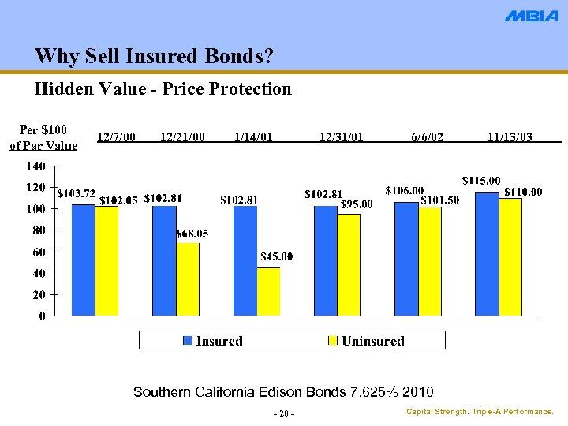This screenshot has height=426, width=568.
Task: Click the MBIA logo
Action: pyautogui.click(x=531, y=16)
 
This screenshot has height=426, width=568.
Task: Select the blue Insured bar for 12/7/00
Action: pyautogui.click(x=83, y=260)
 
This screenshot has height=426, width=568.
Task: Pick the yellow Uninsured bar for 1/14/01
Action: pyautogui.click(x=268, y=291)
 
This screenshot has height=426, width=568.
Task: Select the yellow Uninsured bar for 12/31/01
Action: pyautogui.click(x=349, y=264)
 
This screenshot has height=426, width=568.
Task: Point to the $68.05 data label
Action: pyautogui.click(x=192, y=234)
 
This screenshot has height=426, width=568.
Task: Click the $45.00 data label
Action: pyautogui.click(x=276, y=256)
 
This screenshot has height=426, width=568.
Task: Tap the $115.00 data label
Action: pyautogui.click(x=480, y=181)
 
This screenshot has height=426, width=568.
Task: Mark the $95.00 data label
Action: pyautogui.click(x=356, y=204)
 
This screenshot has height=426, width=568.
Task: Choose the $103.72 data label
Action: pyautogui.click(x=77, y=193)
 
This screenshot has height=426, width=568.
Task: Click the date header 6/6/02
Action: pyautogui.click(x=427, y=137)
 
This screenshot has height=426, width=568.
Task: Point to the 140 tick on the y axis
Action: pyautogui.click(x=35, y=166)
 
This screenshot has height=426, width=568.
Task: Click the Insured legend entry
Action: pyautogui.click(x=213, y=341)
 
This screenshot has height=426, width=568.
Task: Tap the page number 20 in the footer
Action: pyautogui.click(x=284, y=415)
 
